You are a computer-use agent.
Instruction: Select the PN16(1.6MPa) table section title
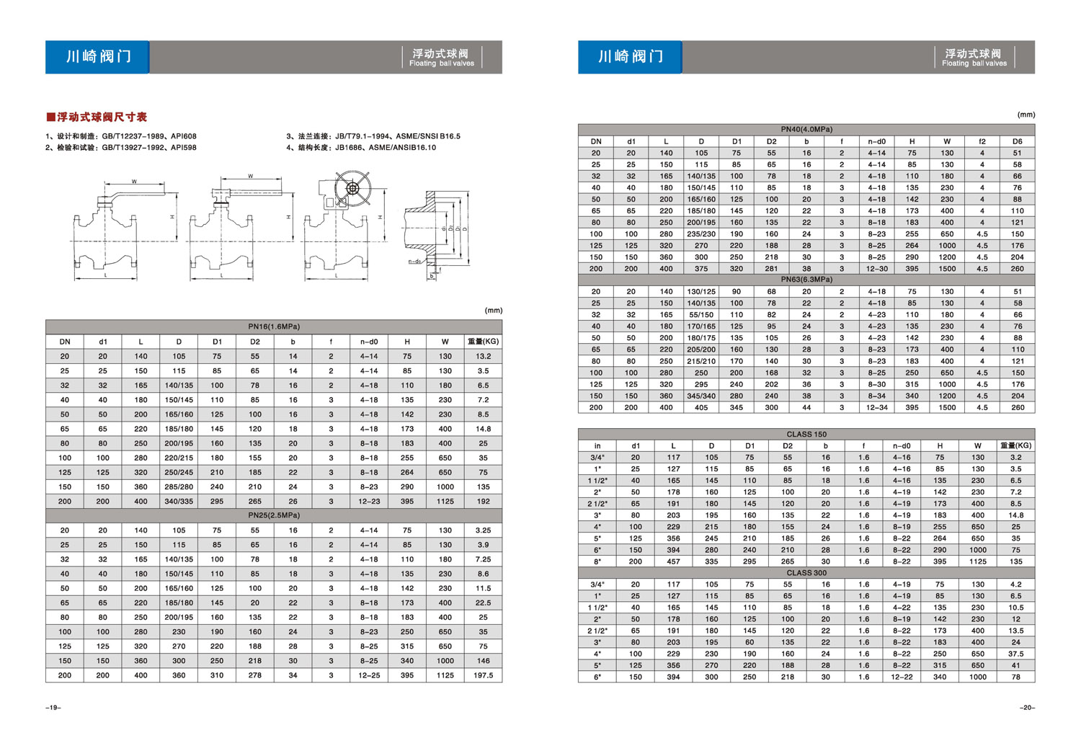(x=274, y=326)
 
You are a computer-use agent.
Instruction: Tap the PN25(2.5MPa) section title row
(x=274, y=515)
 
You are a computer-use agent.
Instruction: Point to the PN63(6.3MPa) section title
(x=806, y=280)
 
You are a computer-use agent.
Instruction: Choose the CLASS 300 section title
(x=806, y=573)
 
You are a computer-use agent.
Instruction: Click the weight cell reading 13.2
(x=483, y=356)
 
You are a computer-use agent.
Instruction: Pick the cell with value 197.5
(x=483, y=675)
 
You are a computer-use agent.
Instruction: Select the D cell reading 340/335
(x=179, y=501)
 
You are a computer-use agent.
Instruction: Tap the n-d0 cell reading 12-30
(x=876, y=269)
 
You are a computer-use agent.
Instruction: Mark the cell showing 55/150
(x=701, y=315)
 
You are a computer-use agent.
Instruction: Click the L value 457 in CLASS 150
(x=673, y=561)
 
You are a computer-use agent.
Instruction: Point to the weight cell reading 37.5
(x=1015, y=654)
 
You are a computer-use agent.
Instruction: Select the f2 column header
(x=982, y=141)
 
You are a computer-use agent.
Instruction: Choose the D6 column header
(x=1017, y=141)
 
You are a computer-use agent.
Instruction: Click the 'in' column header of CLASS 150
(x=597, y=446)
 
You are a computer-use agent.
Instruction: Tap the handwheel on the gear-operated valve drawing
(x=352, y=189)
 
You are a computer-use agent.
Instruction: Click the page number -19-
(x=53, y=708)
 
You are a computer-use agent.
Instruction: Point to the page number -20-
(x=1027, y=708)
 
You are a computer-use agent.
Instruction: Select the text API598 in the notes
(x=183, y=148)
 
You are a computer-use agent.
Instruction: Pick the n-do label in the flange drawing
(x=414, y=262)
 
